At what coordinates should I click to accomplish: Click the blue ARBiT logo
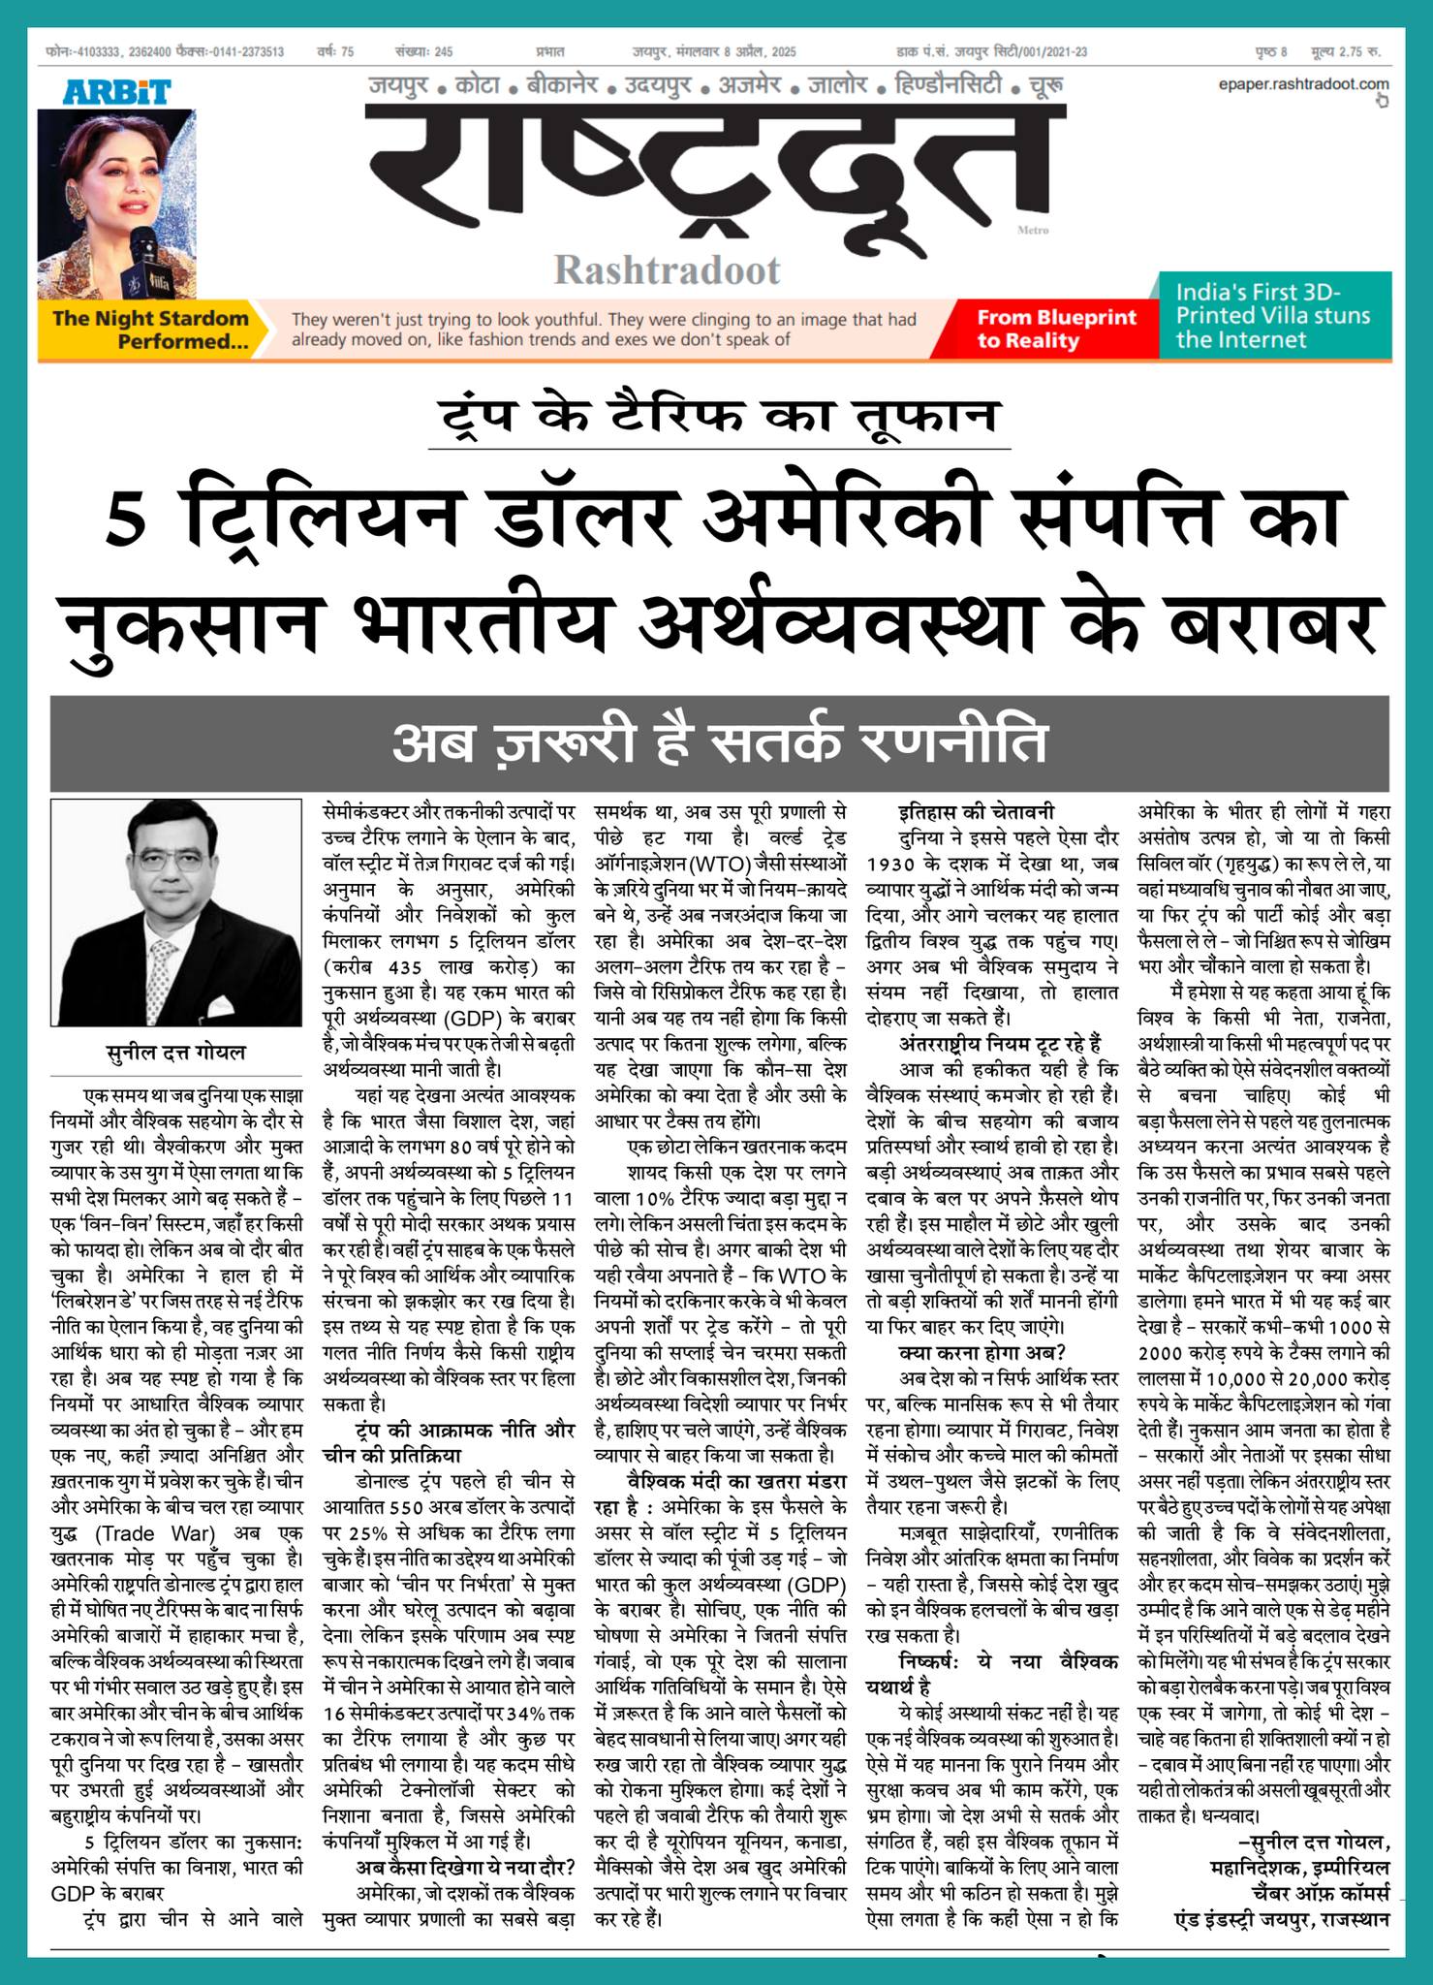pyautogui.click(x=117, y=92)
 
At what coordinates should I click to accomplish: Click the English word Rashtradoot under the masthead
pyautogui.click(x=667, y=269)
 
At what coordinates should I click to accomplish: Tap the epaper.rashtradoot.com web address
pyautogui.click(x=1303, y=85)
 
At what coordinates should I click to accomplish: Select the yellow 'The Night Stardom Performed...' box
pyautogui.click(x=150, y=330)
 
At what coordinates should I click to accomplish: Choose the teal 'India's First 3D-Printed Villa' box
pyautogui.click(x=1273, y=315)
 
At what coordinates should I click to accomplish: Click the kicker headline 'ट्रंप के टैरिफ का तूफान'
pyautogui.click(x=720, y=416)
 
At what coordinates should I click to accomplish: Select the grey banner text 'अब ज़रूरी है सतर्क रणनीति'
pyautogui.click(x=720, y=742)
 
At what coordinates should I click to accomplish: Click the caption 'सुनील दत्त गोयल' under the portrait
pyautogui.click(x=175, y=1052)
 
